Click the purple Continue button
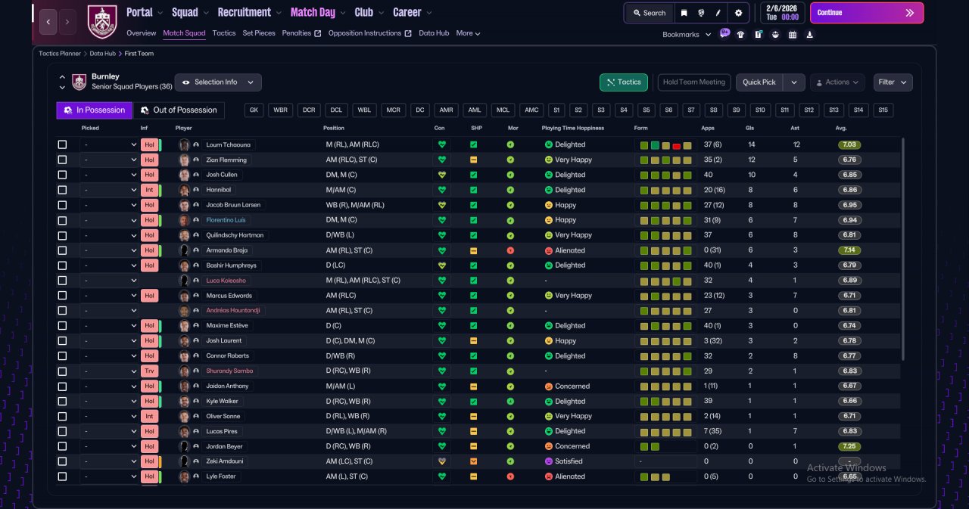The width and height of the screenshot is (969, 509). coord(867,13)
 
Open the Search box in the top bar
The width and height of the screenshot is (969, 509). coord(650,13)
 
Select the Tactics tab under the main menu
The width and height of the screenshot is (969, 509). coord(223,33)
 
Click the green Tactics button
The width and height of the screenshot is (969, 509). coord(623,82)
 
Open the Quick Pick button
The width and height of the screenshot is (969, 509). coord(759,82)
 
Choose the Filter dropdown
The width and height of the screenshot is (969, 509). coord(893,82)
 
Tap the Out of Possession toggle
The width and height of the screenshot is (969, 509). coord(179,110)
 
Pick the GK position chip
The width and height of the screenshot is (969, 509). coord(254,110)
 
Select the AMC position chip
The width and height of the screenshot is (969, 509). coord(531,110)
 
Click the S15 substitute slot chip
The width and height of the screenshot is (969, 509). coord(883,110)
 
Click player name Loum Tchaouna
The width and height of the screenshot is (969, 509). coord(228,144)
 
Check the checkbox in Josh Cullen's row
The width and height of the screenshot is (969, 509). coord(62,175)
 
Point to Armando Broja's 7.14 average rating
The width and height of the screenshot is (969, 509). coord(849,250)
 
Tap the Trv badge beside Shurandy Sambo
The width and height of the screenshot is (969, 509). coord(149,371)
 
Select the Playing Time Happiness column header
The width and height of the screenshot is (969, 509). coord(573,128)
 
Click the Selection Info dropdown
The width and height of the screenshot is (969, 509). coord(218,82)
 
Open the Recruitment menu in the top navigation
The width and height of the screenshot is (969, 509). coord(244,13)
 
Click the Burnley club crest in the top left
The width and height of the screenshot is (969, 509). coord(102,22)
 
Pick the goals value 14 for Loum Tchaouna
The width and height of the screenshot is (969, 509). coord(752,144)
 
